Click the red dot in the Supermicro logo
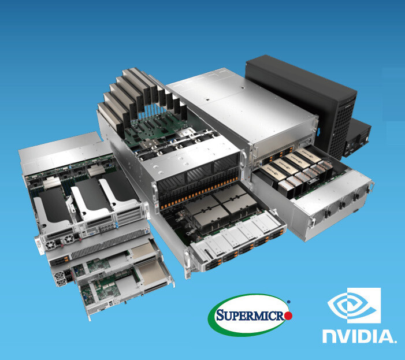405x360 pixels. [288, 316]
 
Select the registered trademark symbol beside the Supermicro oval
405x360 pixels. [289, 301]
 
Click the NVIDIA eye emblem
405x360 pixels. [354, 305]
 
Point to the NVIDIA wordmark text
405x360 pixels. [359, 336]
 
